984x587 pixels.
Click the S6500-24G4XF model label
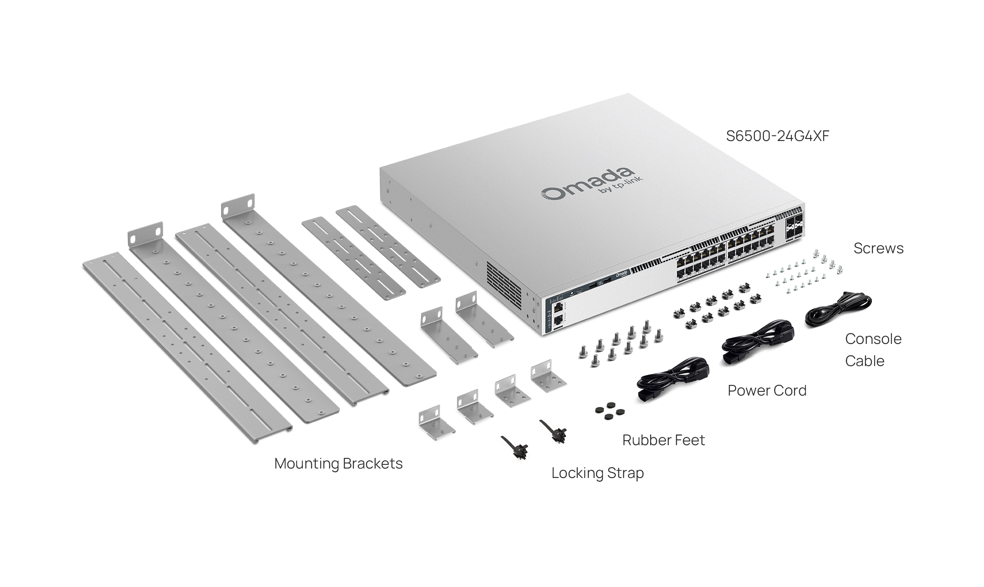coord(777,136)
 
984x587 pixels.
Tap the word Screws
coord(878,248)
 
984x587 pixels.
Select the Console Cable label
coord(873,350)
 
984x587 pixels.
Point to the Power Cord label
coord(767,391)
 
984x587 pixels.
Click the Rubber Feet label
coord(663,440)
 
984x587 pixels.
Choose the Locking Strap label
coord(597,473)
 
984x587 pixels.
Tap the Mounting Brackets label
coord(338,464)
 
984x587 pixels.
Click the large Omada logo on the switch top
coord(586,185)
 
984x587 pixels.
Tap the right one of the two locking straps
coord(553,432)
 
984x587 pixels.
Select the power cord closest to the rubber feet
coord(672,379)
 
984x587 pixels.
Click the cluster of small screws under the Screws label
coord(804,273)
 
